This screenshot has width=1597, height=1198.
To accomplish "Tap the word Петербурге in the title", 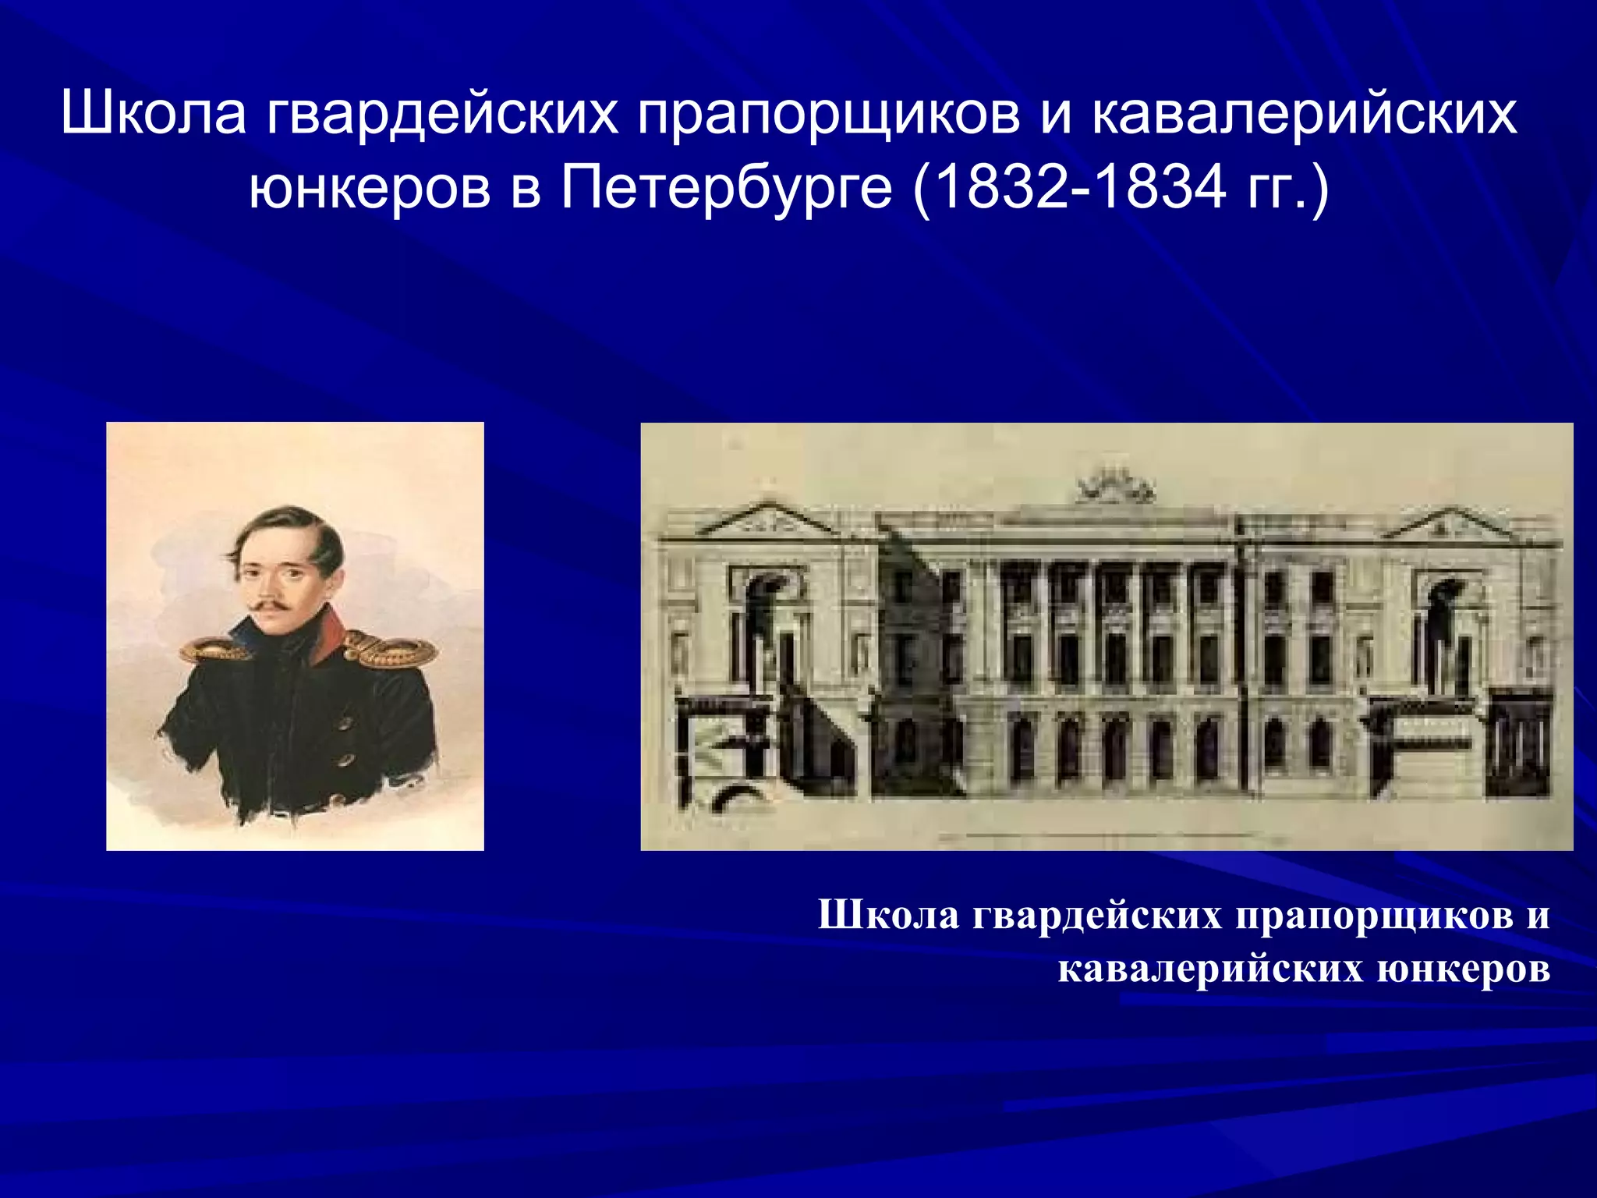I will [725, 190].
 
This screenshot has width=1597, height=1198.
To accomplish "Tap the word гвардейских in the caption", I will [1096, 915].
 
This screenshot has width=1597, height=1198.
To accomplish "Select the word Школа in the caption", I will [888, 915].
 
